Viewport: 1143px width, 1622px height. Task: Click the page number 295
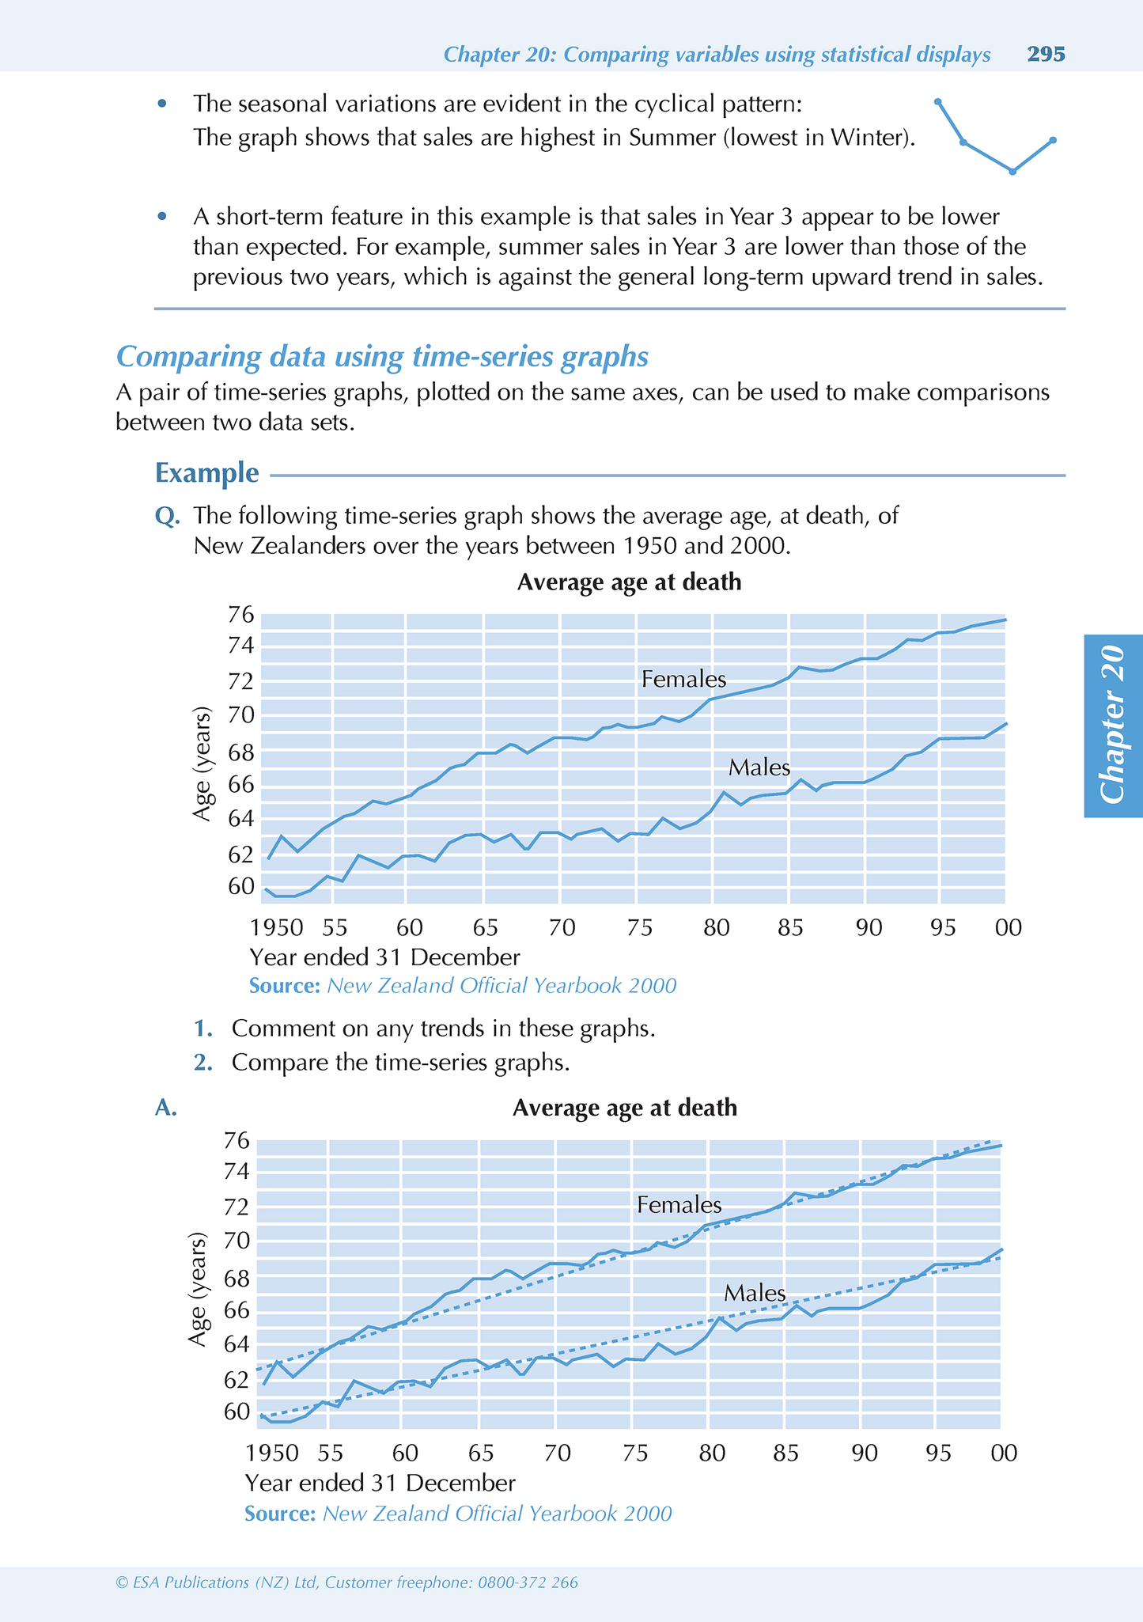(1046, 54)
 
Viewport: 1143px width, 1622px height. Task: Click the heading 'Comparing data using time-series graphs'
(382, 357)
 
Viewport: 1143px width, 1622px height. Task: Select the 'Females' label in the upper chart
(683, 679)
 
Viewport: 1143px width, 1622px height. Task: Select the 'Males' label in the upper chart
(759, 767)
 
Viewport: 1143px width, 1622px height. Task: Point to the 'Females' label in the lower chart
(679, 1204)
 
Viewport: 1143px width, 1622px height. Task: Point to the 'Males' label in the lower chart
(755, 1293)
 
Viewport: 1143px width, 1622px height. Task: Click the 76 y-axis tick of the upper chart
(241, 614)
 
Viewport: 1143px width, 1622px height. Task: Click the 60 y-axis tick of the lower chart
(237, 1412)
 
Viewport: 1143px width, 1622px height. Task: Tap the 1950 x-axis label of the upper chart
(276, 927)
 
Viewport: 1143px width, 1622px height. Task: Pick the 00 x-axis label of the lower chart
(1004, 1453)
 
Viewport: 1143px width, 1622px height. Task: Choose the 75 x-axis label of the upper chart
(639, 927)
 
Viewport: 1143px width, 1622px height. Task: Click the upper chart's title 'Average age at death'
(629, 582)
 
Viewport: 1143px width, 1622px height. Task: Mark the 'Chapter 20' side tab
(1113, 725)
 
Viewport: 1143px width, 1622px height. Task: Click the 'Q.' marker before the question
(167, 516)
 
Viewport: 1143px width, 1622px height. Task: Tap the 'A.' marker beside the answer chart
(166, 1108)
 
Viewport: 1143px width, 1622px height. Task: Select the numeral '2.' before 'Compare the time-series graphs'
(203, 1062)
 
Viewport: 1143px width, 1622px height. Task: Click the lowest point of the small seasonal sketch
(1012, 171)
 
